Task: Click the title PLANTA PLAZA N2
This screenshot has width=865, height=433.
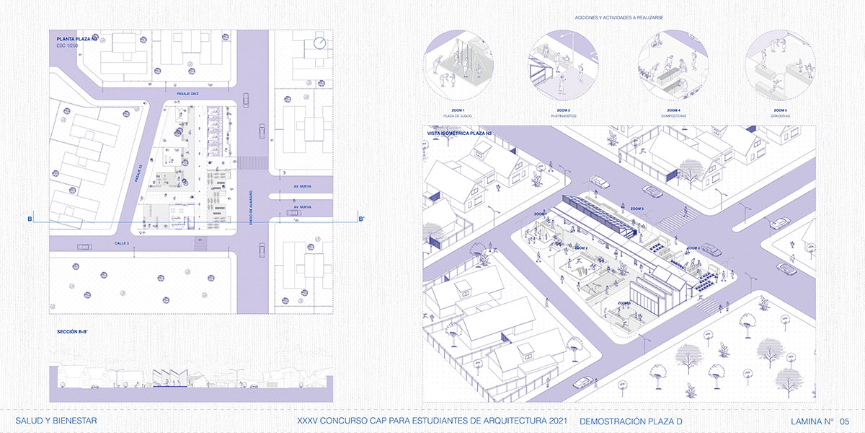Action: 77,38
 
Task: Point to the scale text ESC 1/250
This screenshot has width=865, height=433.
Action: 68,45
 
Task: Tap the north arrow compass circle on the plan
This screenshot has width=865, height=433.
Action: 320,45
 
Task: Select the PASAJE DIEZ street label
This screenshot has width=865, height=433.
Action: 187,94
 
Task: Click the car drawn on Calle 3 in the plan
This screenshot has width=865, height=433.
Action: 84,246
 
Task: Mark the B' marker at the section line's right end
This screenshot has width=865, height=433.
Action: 362,219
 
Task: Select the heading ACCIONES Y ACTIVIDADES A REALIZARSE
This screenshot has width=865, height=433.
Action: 619,17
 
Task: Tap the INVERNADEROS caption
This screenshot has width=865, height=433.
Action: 562,115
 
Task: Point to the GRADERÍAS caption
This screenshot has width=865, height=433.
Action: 779,115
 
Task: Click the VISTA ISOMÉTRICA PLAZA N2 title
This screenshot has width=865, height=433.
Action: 460,134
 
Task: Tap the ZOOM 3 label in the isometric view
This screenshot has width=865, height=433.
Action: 636,209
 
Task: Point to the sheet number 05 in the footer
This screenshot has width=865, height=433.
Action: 844,421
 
